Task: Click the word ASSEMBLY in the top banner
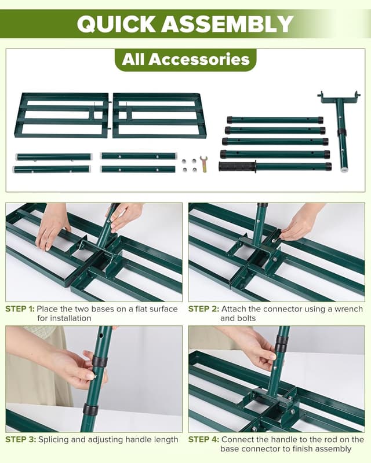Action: (x=227, y=24)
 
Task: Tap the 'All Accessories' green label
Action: (x=185, y=60)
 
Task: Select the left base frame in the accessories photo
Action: (x=61, y=115)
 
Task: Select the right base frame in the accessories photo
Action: (x=158, y=115)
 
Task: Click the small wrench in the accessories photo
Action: (x=203, y=164)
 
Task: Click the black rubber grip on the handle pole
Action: (x=237, y=167)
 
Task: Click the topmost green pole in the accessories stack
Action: (x=275, y=120)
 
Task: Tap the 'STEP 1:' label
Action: (x=20, y=309)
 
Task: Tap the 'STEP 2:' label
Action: (x=202, y=309)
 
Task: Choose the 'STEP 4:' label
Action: (x=202, y=439)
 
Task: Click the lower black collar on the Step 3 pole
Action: (x=90, y=410)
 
